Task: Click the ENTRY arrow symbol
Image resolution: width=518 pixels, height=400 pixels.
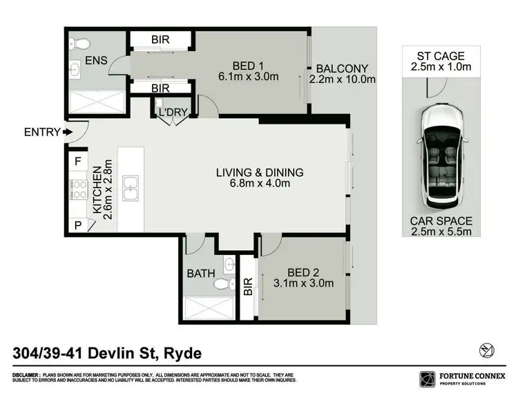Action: [66, 132]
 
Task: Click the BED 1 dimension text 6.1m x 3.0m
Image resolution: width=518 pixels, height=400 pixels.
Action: [249, 77]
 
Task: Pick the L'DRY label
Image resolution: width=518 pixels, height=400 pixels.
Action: [171, 112]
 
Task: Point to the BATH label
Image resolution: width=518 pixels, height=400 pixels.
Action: [200, 274]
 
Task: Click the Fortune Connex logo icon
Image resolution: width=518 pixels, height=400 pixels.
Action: [427, 378]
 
